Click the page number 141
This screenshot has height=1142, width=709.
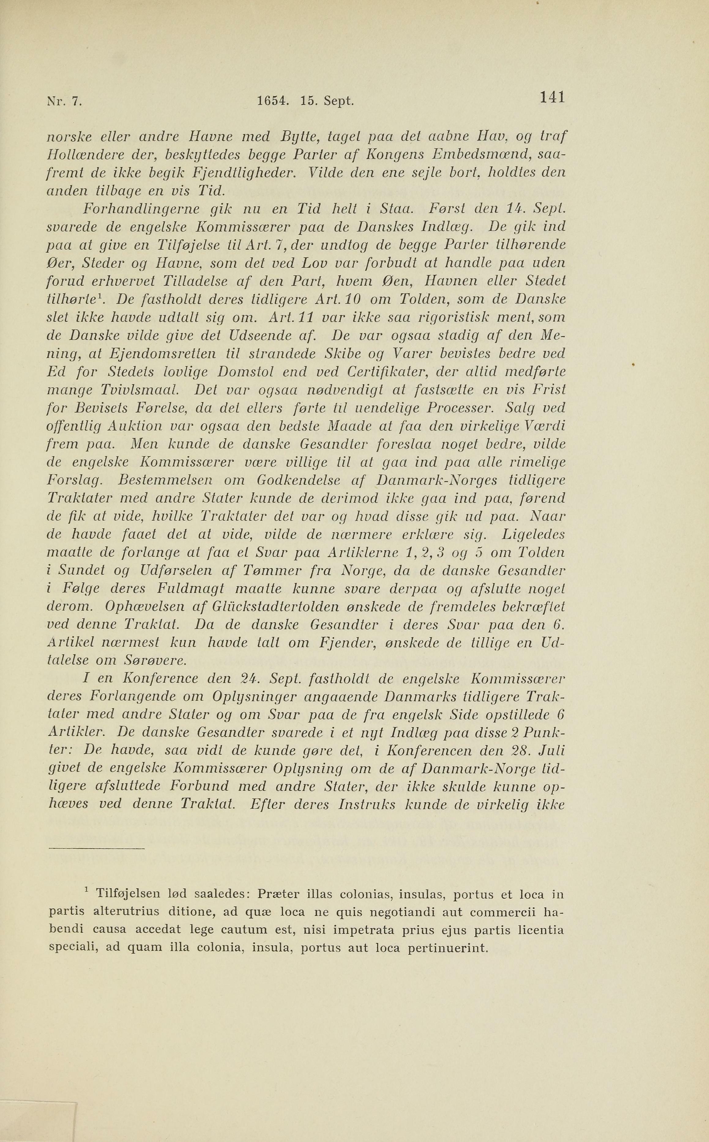pos(552,98)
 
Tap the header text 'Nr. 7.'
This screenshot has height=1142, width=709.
pos(65,101)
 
